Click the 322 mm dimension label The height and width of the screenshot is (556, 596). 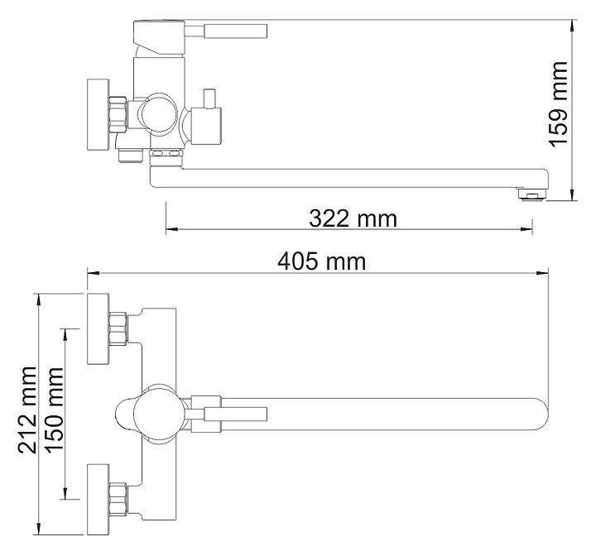(353, 218)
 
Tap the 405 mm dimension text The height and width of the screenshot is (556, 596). (322, 262)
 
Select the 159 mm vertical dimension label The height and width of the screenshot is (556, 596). (560, 103)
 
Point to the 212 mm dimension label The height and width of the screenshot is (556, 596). (28, 410)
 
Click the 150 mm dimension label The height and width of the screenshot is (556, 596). (55, 410)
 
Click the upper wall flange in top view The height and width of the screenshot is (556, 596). (98, 328)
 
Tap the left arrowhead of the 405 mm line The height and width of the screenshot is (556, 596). (92, 272)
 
